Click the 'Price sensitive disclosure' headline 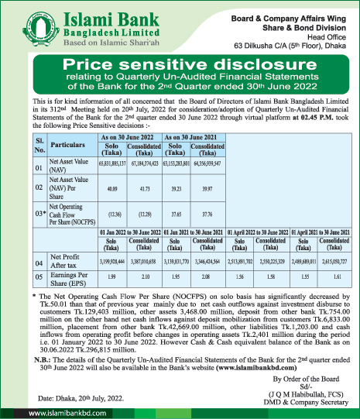pyautogui.click(x=180, y=64)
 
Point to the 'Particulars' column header pyautogui.click(x=71, y=143)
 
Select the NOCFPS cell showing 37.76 pyautogui.click(x=207, y=212)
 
